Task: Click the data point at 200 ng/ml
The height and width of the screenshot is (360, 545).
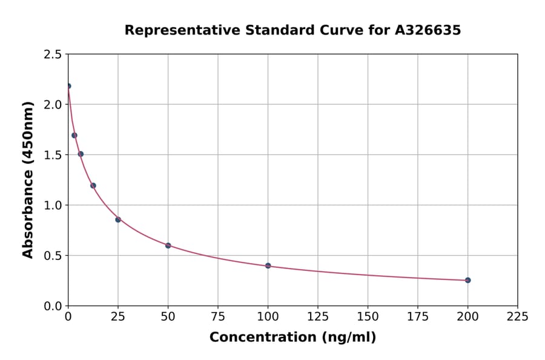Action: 467,280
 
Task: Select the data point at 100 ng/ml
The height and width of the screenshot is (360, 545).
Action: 268,265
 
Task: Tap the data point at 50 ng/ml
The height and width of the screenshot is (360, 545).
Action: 168,245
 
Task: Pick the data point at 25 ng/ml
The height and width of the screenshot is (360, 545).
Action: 118,219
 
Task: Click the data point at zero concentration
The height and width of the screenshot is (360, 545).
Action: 68,86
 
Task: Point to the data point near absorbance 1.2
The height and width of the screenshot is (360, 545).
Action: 93,185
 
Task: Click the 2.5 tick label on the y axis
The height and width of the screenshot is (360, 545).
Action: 52,55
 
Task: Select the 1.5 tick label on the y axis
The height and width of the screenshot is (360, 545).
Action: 52,155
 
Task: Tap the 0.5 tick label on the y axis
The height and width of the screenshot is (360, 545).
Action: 52,256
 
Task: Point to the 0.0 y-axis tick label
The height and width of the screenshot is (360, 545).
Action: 52,306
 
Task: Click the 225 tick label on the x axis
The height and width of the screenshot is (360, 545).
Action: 517,317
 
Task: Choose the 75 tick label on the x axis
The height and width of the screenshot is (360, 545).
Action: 218,317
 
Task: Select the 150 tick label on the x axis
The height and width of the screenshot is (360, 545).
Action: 368,317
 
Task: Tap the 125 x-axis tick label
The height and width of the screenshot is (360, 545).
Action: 318,317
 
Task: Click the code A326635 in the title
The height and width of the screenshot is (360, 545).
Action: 428,30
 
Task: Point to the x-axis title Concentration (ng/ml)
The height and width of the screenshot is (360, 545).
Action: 292,338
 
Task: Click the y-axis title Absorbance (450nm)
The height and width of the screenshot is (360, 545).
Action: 28,180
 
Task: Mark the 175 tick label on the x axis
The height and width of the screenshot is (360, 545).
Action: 417,317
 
